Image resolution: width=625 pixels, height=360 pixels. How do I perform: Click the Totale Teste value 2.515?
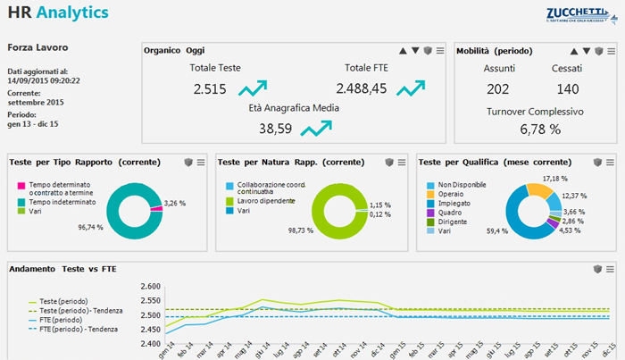point(210,88)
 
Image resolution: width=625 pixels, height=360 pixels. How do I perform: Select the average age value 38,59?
point(275,129)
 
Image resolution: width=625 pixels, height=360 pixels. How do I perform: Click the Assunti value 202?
point(498,88)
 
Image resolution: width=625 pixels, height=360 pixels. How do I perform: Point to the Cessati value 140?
point(567,88)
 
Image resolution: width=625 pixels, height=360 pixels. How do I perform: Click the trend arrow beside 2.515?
point(253,88)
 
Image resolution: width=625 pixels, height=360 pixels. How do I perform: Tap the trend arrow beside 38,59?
point(315,129)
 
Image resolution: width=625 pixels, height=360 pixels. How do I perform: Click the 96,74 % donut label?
point(90,228)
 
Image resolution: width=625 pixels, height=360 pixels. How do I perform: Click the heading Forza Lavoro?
point(37,46)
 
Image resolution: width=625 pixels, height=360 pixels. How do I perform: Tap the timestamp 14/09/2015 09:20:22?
point(44,80)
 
